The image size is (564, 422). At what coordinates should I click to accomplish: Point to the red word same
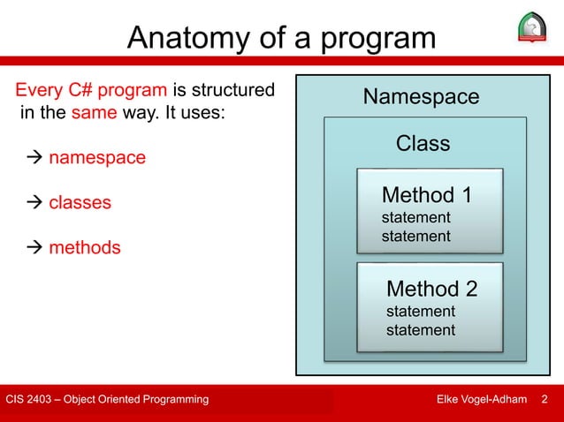click(88, 113)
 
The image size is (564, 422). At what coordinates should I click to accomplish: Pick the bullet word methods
click(85, 247)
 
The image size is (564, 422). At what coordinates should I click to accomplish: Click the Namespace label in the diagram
click(421, 96)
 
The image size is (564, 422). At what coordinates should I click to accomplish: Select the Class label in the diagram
click(423, 143)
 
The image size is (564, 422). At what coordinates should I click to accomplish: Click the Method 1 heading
click(427, 194)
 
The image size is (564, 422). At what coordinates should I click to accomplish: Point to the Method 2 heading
click(432, 289)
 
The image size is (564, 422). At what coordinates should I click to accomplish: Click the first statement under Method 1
click(415, 218)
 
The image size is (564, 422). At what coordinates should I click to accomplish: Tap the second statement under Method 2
click(421, 330)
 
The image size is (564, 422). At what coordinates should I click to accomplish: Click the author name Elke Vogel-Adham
click(482, 400)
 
